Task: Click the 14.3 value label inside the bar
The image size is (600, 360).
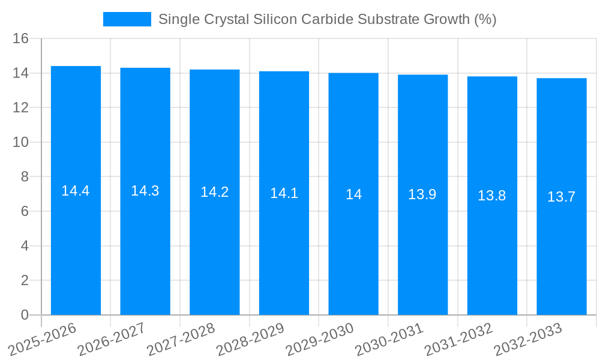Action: pos(145,191)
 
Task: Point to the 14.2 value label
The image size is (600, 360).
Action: pos(214,192)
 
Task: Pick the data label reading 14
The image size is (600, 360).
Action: pos(353,194)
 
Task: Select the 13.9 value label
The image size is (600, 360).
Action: pos(422,194)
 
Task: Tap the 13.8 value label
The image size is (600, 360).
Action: pos(492,196)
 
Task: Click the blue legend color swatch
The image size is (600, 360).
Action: pos(127,19)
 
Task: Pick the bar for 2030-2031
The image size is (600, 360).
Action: pos(422,252)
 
